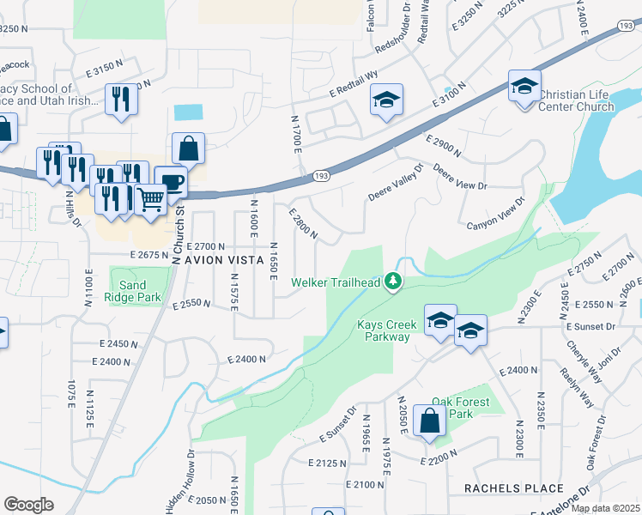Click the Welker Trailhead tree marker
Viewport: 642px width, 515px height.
coord(393,281)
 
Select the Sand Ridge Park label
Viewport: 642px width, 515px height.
coord(134,291)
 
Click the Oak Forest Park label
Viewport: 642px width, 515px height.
coord(460,408)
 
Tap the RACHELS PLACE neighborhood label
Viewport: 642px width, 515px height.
coord(513,488)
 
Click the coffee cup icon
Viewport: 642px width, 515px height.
coord(171,180)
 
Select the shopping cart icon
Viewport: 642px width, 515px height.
coord(151,199)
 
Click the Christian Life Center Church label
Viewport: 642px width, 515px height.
coord(576,100)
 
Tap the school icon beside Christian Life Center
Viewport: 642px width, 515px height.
coord(524,86)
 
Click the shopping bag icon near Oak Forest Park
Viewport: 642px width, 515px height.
coord(429,421)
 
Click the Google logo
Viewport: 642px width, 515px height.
coord(28,505)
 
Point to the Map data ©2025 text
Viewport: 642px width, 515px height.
coord(606,508)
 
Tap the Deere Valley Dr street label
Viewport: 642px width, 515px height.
coord(396,184)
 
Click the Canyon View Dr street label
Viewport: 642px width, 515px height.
coord(495,215)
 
